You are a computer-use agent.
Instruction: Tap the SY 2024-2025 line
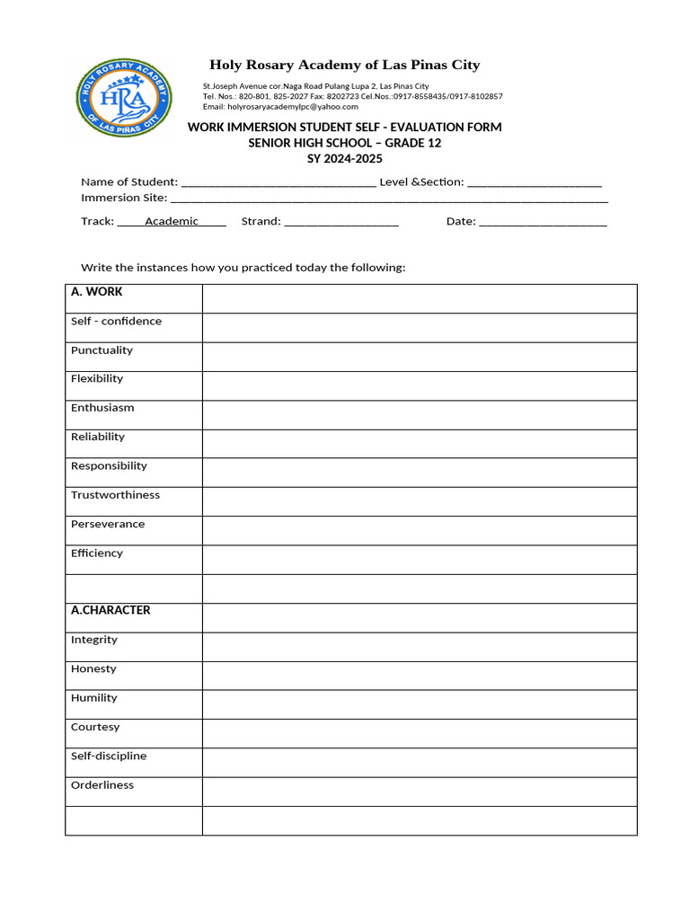[345, 159]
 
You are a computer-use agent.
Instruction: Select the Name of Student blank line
[279, 183]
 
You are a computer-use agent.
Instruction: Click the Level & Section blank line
[535, 183]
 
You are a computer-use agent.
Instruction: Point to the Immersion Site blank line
[389, 199]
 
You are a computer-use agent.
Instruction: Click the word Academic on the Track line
[172, 222]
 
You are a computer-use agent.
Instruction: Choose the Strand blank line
[341, 223]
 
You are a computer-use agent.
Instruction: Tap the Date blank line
[543, 223]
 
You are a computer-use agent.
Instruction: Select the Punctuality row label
[102, 350]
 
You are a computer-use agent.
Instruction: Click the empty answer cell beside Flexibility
[419, 386]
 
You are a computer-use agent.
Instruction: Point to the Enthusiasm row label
[102, 408]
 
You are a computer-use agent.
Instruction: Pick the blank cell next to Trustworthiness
[419, 502]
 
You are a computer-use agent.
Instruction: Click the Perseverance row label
[108, 525]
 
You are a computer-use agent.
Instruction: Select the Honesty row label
[93, 669]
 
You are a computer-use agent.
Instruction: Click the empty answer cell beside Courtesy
[419, 734]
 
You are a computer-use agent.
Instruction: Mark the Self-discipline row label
[109, 756]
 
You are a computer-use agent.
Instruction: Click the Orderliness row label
[102, 785]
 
